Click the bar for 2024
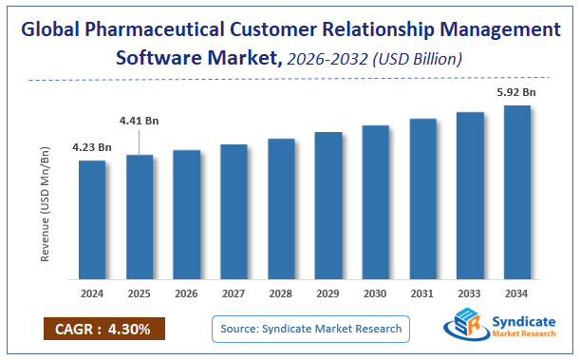[x=92, y=220]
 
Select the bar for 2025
[x=140, y=218]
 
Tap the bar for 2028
[x=281, y=209]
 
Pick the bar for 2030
[x=375, y=202]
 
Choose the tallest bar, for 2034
[x=516, y=193]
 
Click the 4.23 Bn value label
[x=92, y=147]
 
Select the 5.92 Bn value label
[x=516, y=93]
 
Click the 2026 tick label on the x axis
[x=187, y=294]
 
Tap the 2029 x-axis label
[x=328, y=294]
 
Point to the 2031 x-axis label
[x=422, y=294]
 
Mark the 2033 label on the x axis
[x=470, y=294]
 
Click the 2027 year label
[x=234, y=294]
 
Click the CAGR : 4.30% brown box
[x=103, y=330]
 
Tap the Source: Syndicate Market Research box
[x=309, y=329]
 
